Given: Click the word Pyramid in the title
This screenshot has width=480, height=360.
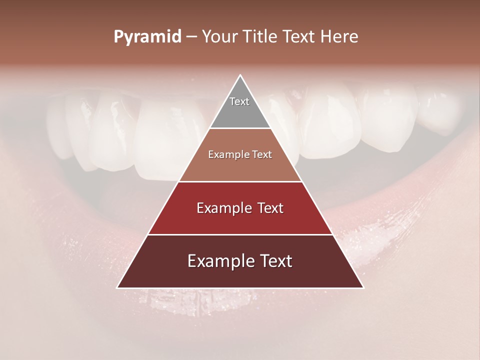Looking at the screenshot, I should pos(147,37).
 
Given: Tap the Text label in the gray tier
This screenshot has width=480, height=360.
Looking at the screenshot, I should pos(239,101).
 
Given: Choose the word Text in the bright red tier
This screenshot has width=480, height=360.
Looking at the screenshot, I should pos(270,208).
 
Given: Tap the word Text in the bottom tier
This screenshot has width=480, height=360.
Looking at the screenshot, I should pos(275,261).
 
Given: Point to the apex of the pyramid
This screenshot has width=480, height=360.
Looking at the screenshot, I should pos(240,76).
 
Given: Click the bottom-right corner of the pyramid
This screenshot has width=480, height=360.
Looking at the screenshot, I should pos(363,287).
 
